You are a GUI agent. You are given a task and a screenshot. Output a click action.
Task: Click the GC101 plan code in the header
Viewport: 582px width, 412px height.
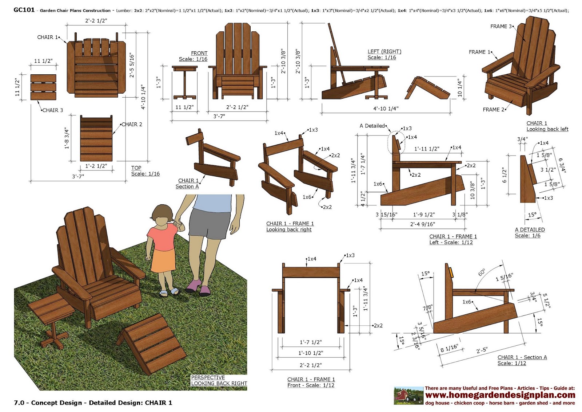pyautogui.click(x=24, y=10)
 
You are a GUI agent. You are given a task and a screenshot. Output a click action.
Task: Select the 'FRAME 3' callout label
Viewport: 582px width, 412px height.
pyautogui.click(x=501, y=26)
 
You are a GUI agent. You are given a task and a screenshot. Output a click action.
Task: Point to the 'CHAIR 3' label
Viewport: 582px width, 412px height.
pyautogui.click(x=53, y=110)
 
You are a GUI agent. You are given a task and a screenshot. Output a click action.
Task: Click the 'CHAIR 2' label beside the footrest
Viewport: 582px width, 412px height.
pyautogui.click(x=132, y=125)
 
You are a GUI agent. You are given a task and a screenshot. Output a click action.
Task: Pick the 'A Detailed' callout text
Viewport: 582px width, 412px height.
pyautogui.click(x=372, y=126)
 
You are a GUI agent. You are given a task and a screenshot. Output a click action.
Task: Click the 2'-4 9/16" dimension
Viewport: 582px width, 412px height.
pyautogui.click(x=422, y=224)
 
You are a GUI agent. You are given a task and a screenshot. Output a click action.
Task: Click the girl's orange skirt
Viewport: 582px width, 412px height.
pyautogui.click(x=163, y=260)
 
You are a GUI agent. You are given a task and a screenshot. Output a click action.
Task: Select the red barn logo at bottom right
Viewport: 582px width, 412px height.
pyautogui.click(x=408, y=396)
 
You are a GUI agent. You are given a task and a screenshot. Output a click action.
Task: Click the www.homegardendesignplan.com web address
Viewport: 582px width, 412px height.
pyautogui.click(x=500, y=395)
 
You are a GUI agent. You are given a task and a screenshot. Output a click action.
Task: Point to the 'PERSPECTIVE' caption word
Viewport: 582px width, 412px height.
pyautogui.click(x=208, y=377)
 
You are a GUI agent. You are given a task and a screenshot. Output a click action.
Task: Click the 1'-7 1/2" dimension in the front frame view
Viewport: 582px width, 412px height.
pyautogui.click(x=311, y=342)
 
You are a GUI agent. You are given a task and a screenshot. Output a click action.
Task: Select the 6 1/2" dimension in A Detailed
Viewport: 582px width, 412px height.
pyautogui.click(x=504, y=175)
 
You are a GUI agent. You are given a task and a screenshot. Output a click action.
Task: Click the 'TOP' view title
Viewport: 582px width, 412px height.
pyautogui.click(x=136, y=168)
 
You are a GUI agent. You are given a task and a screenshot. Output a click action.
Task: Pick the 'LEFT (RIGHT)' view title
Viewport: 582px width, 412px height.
pyautogui.click(x=384, y=51)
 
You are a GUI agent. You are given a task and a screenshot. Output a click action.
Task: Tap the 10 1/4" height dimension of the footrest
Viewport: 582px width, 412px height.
pyautogui.click(x=460, y=88)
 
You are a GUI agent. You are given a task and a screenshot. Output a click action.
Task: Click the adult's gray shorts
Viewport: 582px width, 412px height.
pyautogui.click(x=209, y=225)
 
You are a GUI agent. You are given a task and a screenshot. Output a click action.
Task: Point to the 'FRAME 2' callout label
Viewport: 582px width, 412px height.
pyautogui.click(x=493, y=110)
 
